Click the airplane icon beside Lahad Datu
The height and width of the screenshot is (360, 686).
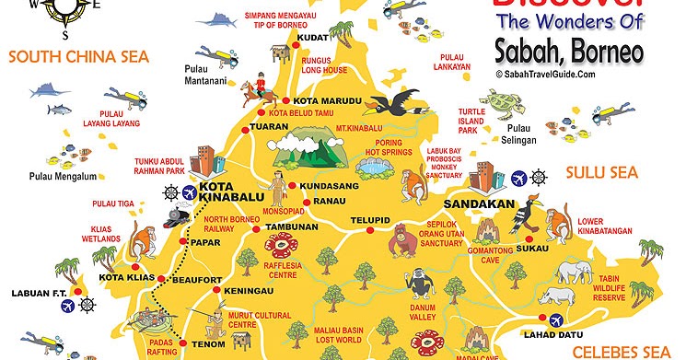click(556, 320)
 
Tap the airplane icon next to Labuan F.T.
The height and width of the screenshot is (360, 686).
click(88, 301)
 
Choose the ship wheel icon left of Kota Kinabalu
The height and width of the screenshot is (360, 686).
click(169, 192)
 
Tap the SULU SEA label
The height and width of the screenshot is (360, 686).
click(602, 172)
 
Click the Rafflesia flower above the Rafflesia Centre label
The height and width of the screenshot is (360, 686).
click(281, 245)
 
